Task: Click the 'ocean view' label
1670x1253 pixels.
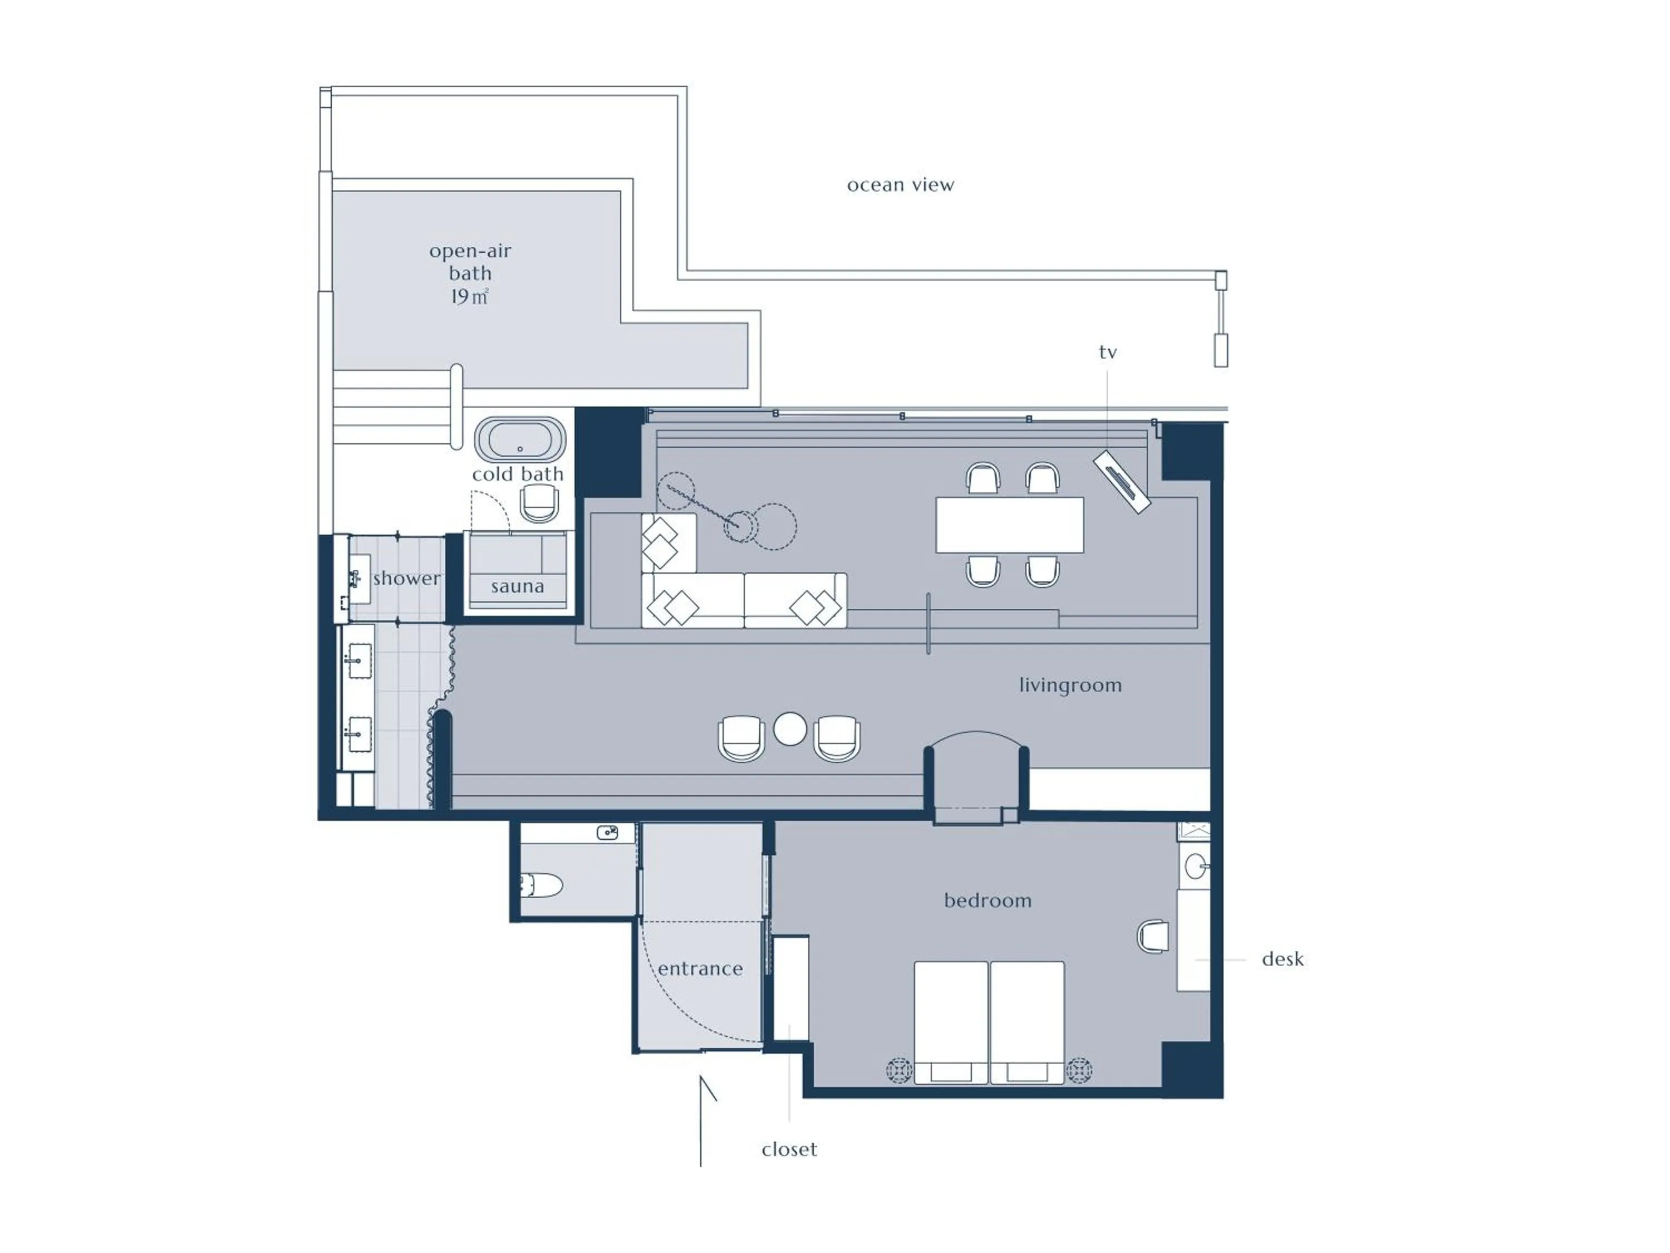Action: (900, 185)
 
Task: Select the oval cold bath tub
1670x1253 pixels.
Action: (519, 439)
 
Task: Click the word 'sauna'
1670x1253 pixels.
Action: (517, 586)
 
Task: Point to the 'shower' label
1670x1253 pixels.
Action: (406, 579)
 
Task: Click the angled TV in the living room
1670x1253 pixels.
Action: (1122, 481)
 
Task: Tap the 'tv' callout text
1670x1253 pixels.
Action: (1108, 352)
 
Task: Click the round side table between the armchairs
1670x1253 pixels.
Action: (790, 730)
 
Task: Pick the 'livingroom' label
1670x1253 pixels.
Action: (1070, 685)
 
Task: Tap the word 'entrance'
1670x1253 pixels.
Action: (700, 968)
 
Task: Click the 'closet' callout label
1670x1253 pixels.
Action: (789, 1149)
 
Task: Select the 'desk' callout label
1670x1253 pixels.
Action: (1282, 959)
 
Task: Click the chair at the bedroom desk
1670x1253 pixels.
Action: (1153, 936)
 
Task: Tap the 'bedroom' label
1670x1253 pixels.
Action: (988, 900)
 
